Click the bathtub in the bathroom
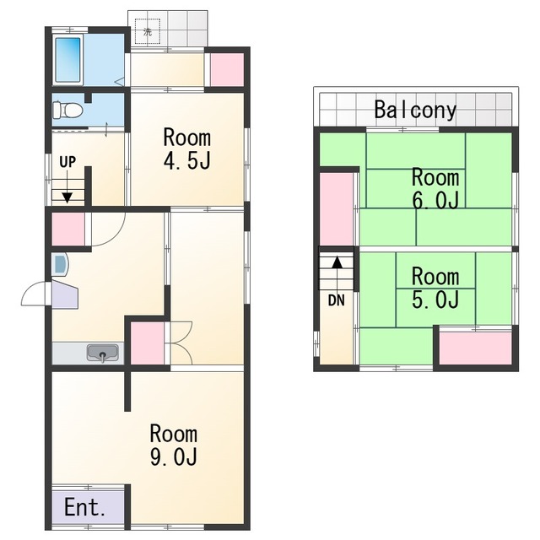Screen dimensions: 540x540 [68, 59]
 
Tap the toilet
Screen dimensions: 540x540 [67, 111]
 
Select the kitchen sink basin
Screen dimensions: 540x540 [103, 353]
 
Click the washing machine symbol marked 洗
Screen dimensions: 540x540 [148, 32]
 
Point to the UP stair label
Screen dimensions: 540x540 [67, 162]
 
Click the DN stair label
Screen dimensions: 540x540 [337, 300]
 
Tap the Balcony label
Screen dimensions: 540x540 [415, 110]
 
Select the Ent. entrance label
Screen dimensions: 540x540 [84, 507]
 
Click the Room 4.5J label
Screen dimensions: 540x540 [187, 148]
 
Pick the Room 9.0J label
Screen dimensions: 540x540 [174, 445]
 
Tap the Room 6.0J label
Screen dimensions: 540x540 [435, 188]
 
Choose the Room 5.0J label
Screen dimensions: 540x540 [435, 288]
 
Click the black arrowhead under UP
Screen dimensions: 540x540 [67, 197]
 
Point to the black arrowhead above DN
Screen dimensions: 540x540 [337, 263]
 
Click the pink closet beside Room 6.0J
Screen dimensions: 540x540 [337, 209]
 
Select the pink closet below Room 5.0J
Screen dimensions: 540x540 [476, 348]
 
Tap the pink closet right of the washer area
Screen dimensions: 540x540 [227, 70]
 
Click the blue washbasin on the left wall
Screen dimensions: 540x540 [60, 264]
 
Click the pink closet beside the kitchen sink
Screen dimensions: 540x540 [148, 343]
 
